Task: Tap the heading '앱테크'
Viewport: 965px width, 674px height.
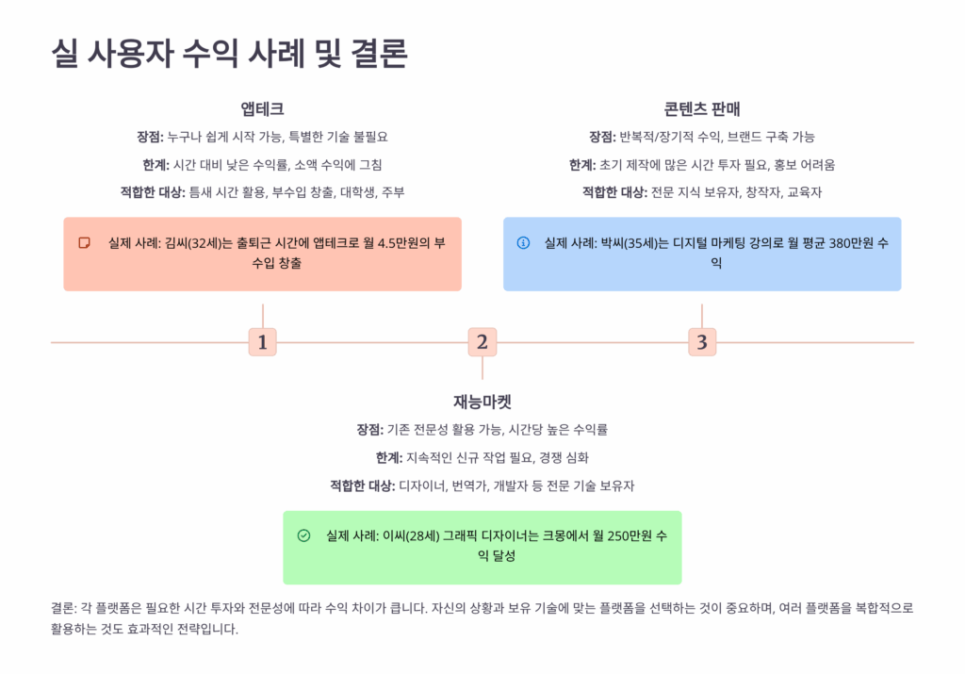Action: [x=262, y=108]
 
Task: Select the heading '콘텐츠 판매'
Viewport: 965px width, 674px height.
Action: [x=701, y=108]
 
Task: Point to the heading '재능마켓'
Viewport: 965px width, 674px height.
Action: [x=482, y=401]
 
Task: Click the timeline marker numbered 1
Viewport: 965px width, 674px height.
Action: [x=262, y=342]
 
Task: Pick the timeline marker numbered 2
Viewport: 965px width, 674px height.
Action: [x=482, y=342]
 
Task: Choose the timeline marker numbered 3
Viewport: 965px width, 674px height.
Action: [x=701, y=342]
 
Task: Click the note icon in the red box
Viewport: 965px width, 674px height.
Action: [x=85, y=243]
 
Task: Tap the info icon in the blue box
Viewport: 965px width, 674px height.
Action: [x=524, y=243]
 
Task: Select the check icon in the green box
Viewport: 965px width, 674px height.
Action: [x=303, y=535]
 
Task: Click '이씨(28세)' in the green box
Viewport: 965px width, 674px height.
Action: [x=413, y=535]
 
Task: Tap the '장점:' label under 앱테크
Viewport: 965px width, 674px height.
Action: [x=151, y=137]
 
